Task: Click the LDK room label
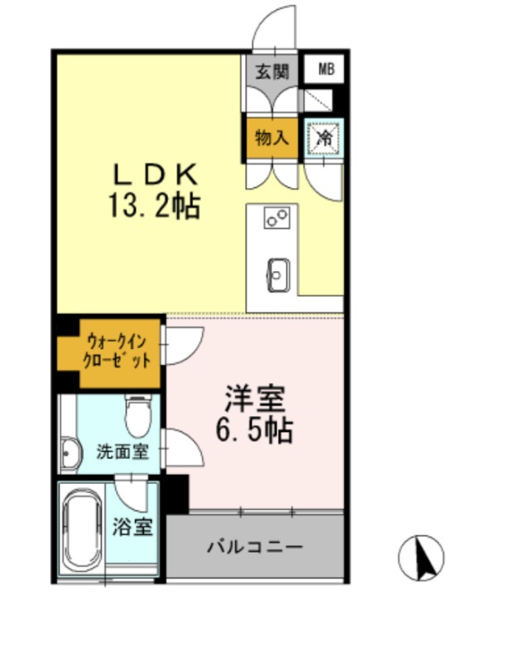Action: [155, 175]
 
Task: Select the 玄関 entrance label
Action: [271, 71]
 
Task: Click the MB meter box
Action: [327, 70]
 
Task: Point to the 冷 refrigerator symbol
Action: [324, 138]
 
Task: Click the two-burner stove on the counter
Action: [276, 219]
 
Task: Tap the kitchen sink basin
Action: [277, 274]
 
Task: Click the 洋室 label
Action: [254, 399]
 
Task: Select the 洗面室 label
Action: [122, 452]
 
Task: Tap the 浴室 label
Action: [133, 526]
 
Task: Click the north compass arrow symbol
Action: [422, 558]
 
